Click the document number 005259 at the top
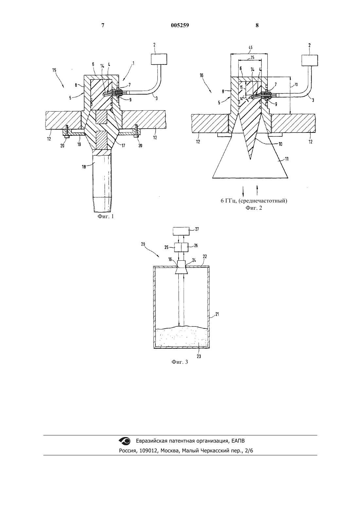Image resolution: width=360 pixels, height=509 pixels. pyautogui.click(x=180, y=25)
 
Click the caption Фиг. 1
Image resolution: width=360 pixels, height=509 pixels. pyautogui.click(x=106, y=216)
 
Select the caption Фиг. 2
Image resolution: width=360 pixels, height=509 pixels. pyautogui.click(x=254, y=208)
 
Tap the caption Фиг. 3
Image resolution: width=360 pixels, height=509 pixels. pyautogui.click(x=180, y=362)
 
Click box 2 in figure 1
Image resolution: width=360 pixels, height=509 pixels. pyautogui.click(x=159, y=59)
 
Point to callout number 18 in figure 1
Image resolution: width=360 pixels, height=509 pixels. pyautogui.click(x=84, y=167)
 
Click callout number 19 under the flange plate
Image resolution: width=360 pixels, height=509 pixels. pyautogui.click(x=79, y=144)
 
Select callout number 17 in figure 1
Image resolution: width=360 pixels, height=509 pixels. pyautogui.click(x=123, y=146)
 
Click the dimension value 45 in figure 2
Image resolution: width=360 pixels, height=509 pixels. pyautogui.click(x=250, y=47)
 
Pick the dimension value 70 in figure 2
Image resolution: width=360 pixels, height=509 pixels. pyautogui.click(x=296, y=85)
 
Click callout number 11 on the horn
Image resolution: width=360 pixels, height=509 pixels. pyautogui.click(x=287, y=159)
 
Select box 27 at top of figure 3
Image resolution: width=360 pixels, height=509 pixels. pyautogui.click(x=181, y=231)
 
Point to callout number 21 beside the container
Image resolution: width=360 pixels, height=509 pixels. pyautogui.click(x=217, y=314)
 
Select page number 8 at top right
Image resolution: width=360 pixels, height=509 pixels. pyautogui.click(x=257, y=25)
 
